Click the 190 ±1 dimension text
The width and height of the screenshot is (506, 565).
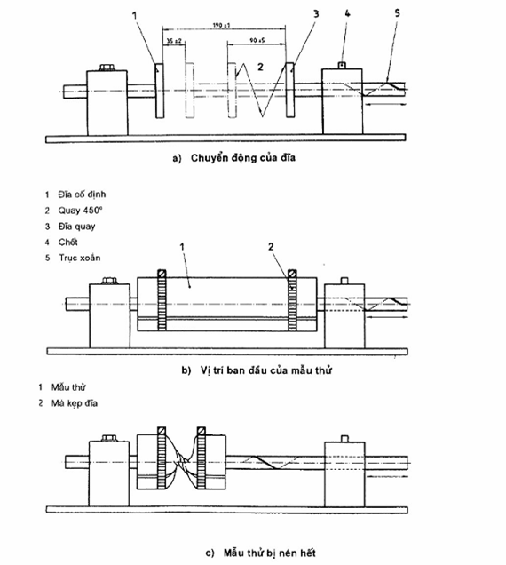222,26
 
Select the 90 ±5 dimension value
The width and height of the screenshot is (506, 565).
257,40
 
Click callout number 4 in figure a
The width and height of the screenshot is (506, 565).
347,13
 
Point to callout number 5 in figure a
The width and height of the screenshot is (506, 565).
397,13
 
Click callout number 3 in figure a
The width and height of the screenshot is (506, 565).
316,14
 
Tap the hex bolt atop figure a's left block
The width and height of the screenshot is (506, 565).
107,68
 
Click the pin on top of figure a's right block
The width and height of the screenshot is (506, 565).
342,65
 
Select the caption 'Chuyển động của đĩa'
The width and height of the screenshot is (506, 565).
243,158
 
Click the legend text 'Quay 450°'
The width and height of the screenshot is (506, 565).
80,211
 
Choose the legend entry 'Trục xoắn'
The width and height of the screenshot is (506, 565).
80,258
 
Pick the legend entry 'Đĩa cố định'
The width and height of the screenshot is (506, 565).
82,195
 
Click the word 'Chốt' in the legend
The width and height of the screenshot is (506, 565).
68,243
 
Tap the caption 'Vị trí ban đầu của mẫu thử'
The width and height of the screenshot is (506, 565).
265,370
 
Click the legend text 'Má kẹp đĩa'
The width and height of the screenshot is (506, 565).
75,403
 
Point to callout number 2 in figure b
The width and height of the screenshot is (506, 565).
271,246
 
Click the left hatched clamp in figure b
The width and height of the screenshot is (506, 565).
162,299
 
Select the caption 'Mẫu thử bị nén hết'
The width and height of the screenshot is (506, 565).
269,553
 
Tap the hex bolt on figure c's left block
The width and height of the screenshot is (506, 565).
109,438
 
